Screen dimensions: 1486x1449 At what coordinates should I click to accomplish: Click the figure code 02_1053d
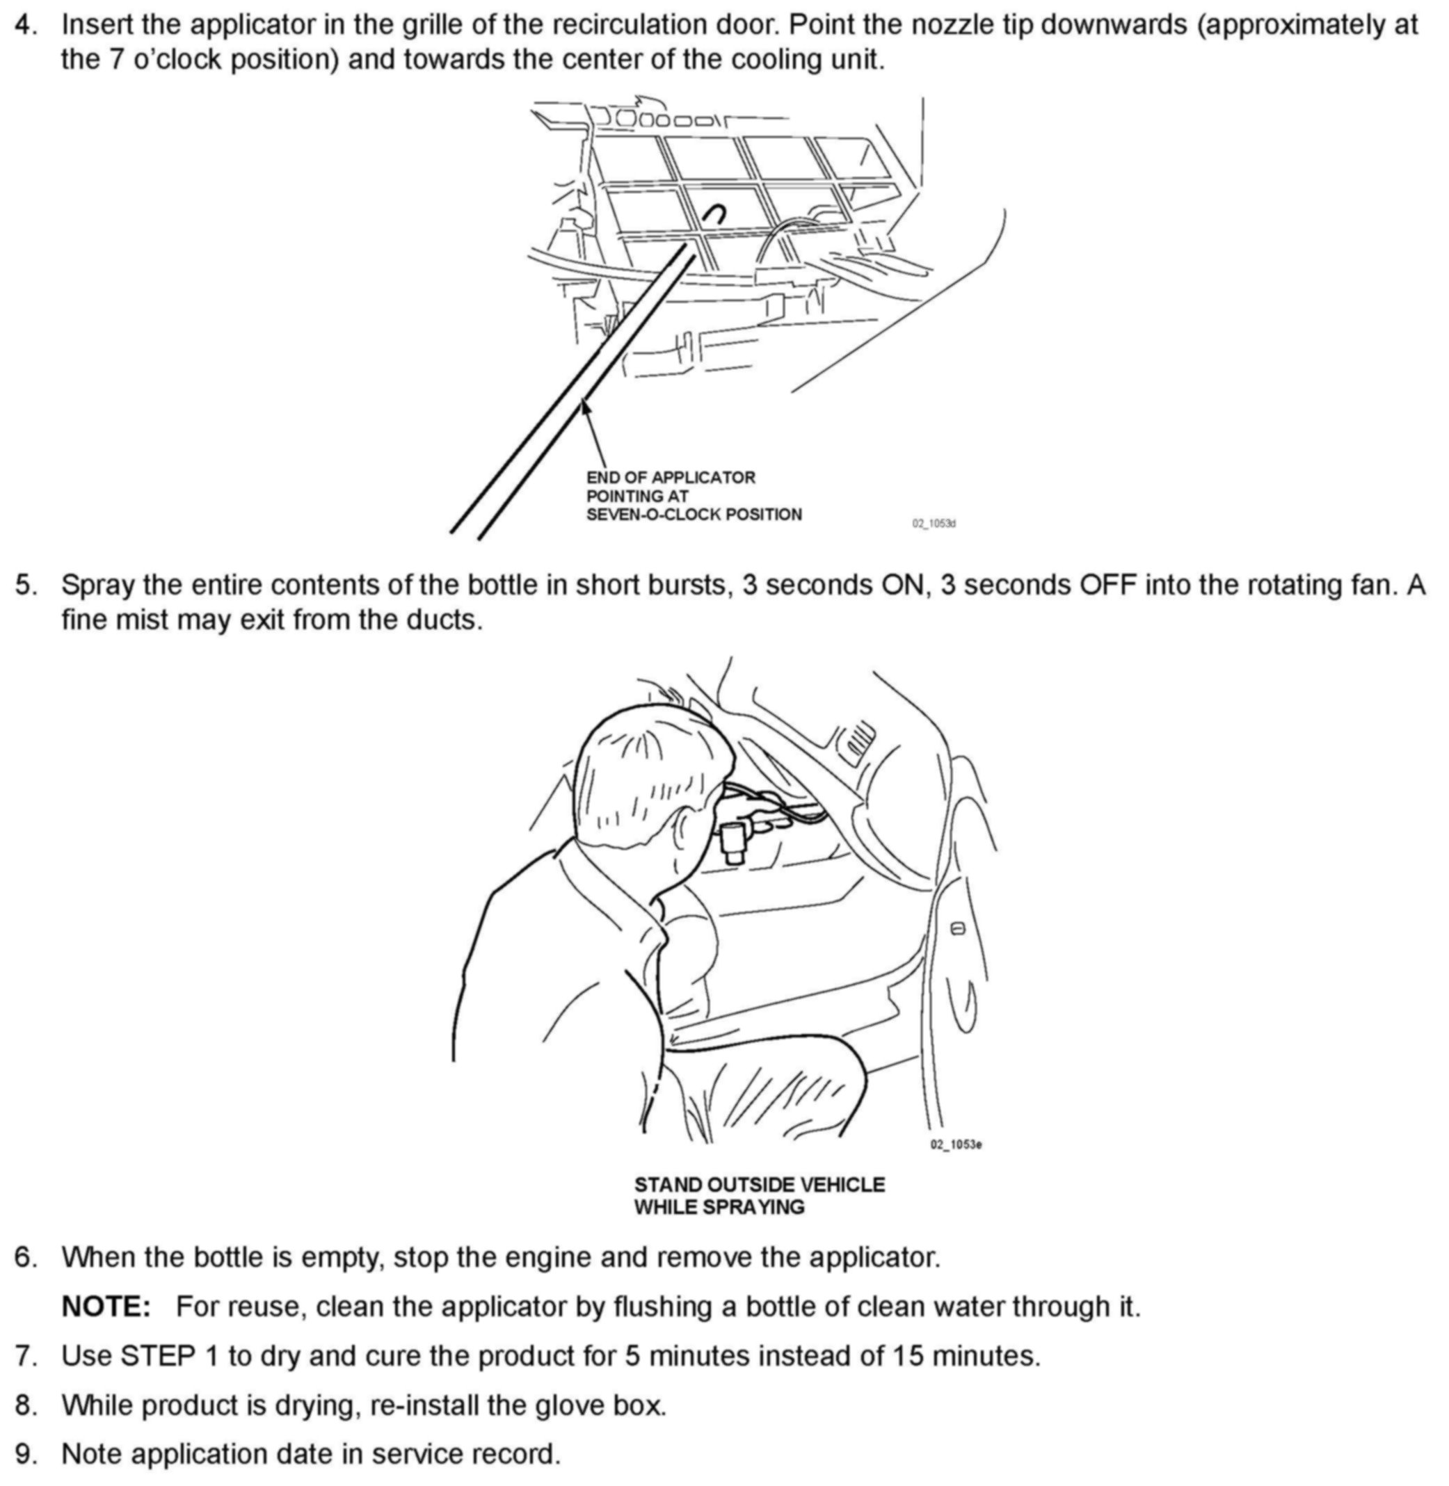pyautogui.click(x=934, y=524)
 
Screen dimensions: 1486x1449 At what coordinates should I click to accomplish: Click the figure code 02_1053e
pyautogui.click(x=955, y=1145)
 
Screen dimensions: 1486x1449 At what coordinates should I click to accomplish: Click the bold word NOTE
pyautogui.click(x=106, y=1307)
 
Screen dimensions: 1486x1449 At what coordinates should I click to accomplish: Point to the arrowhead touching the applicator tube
pyautogui.click(x=584, y=406)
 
